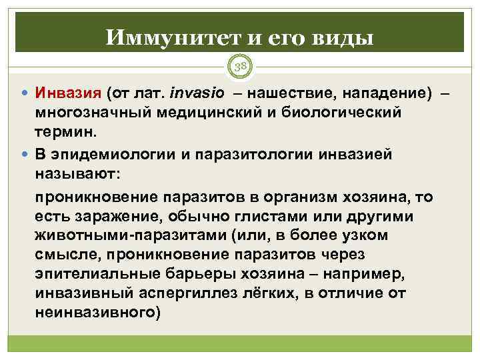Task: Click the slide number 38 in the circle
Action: click(239, 65)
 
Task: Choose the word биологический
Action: click(345, 110)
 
